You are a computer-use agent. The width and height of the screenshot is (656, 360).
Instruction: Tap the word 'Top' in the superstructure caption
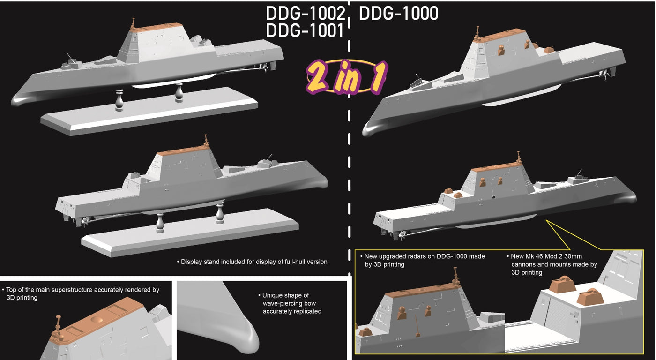point(12,290)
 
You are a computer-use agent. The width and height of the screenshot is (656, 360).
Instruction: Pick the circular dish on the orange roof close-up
point(99,319)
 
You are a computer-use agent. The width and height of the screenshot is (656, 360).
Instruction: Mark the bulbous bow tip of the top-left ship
point(19,99)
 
